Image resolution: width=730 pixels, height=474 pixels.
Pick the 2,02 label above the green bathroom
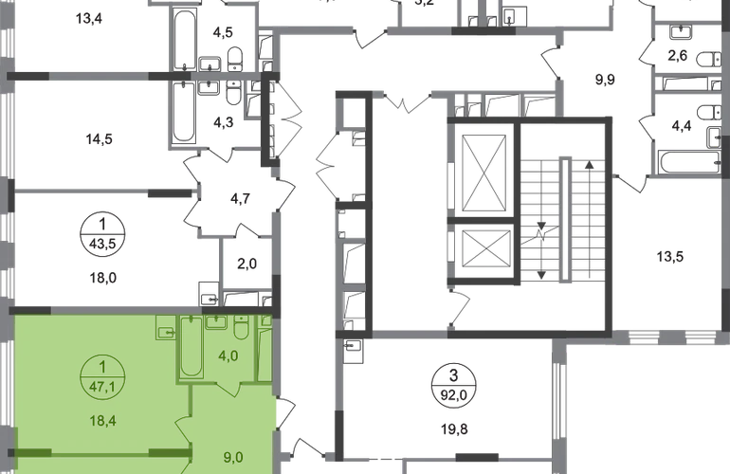tap(245, 266)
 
